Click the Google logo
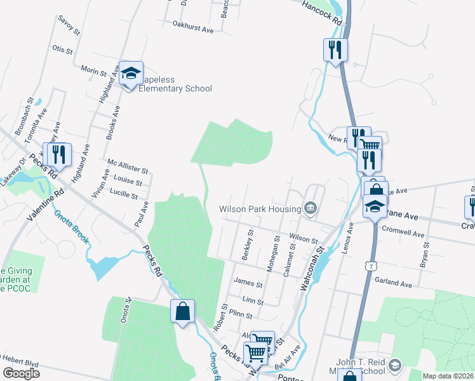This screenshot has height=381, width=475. [21, 373]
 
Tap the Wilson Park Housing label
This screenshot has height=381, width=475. [260, 209]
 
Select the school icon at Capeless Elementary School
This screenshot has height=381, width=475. [131, 74]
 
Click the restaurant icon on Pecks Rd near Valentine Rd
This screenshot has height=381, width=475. [59, 155]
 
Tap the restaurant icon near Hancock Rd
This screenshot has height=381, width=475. [335, 50]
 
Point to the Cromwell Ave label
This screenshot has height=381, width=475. [403, 233]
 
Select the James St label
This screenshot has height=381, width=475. [248, 284]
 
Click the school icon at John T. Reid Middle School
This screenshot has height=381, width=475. [395, 364]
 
